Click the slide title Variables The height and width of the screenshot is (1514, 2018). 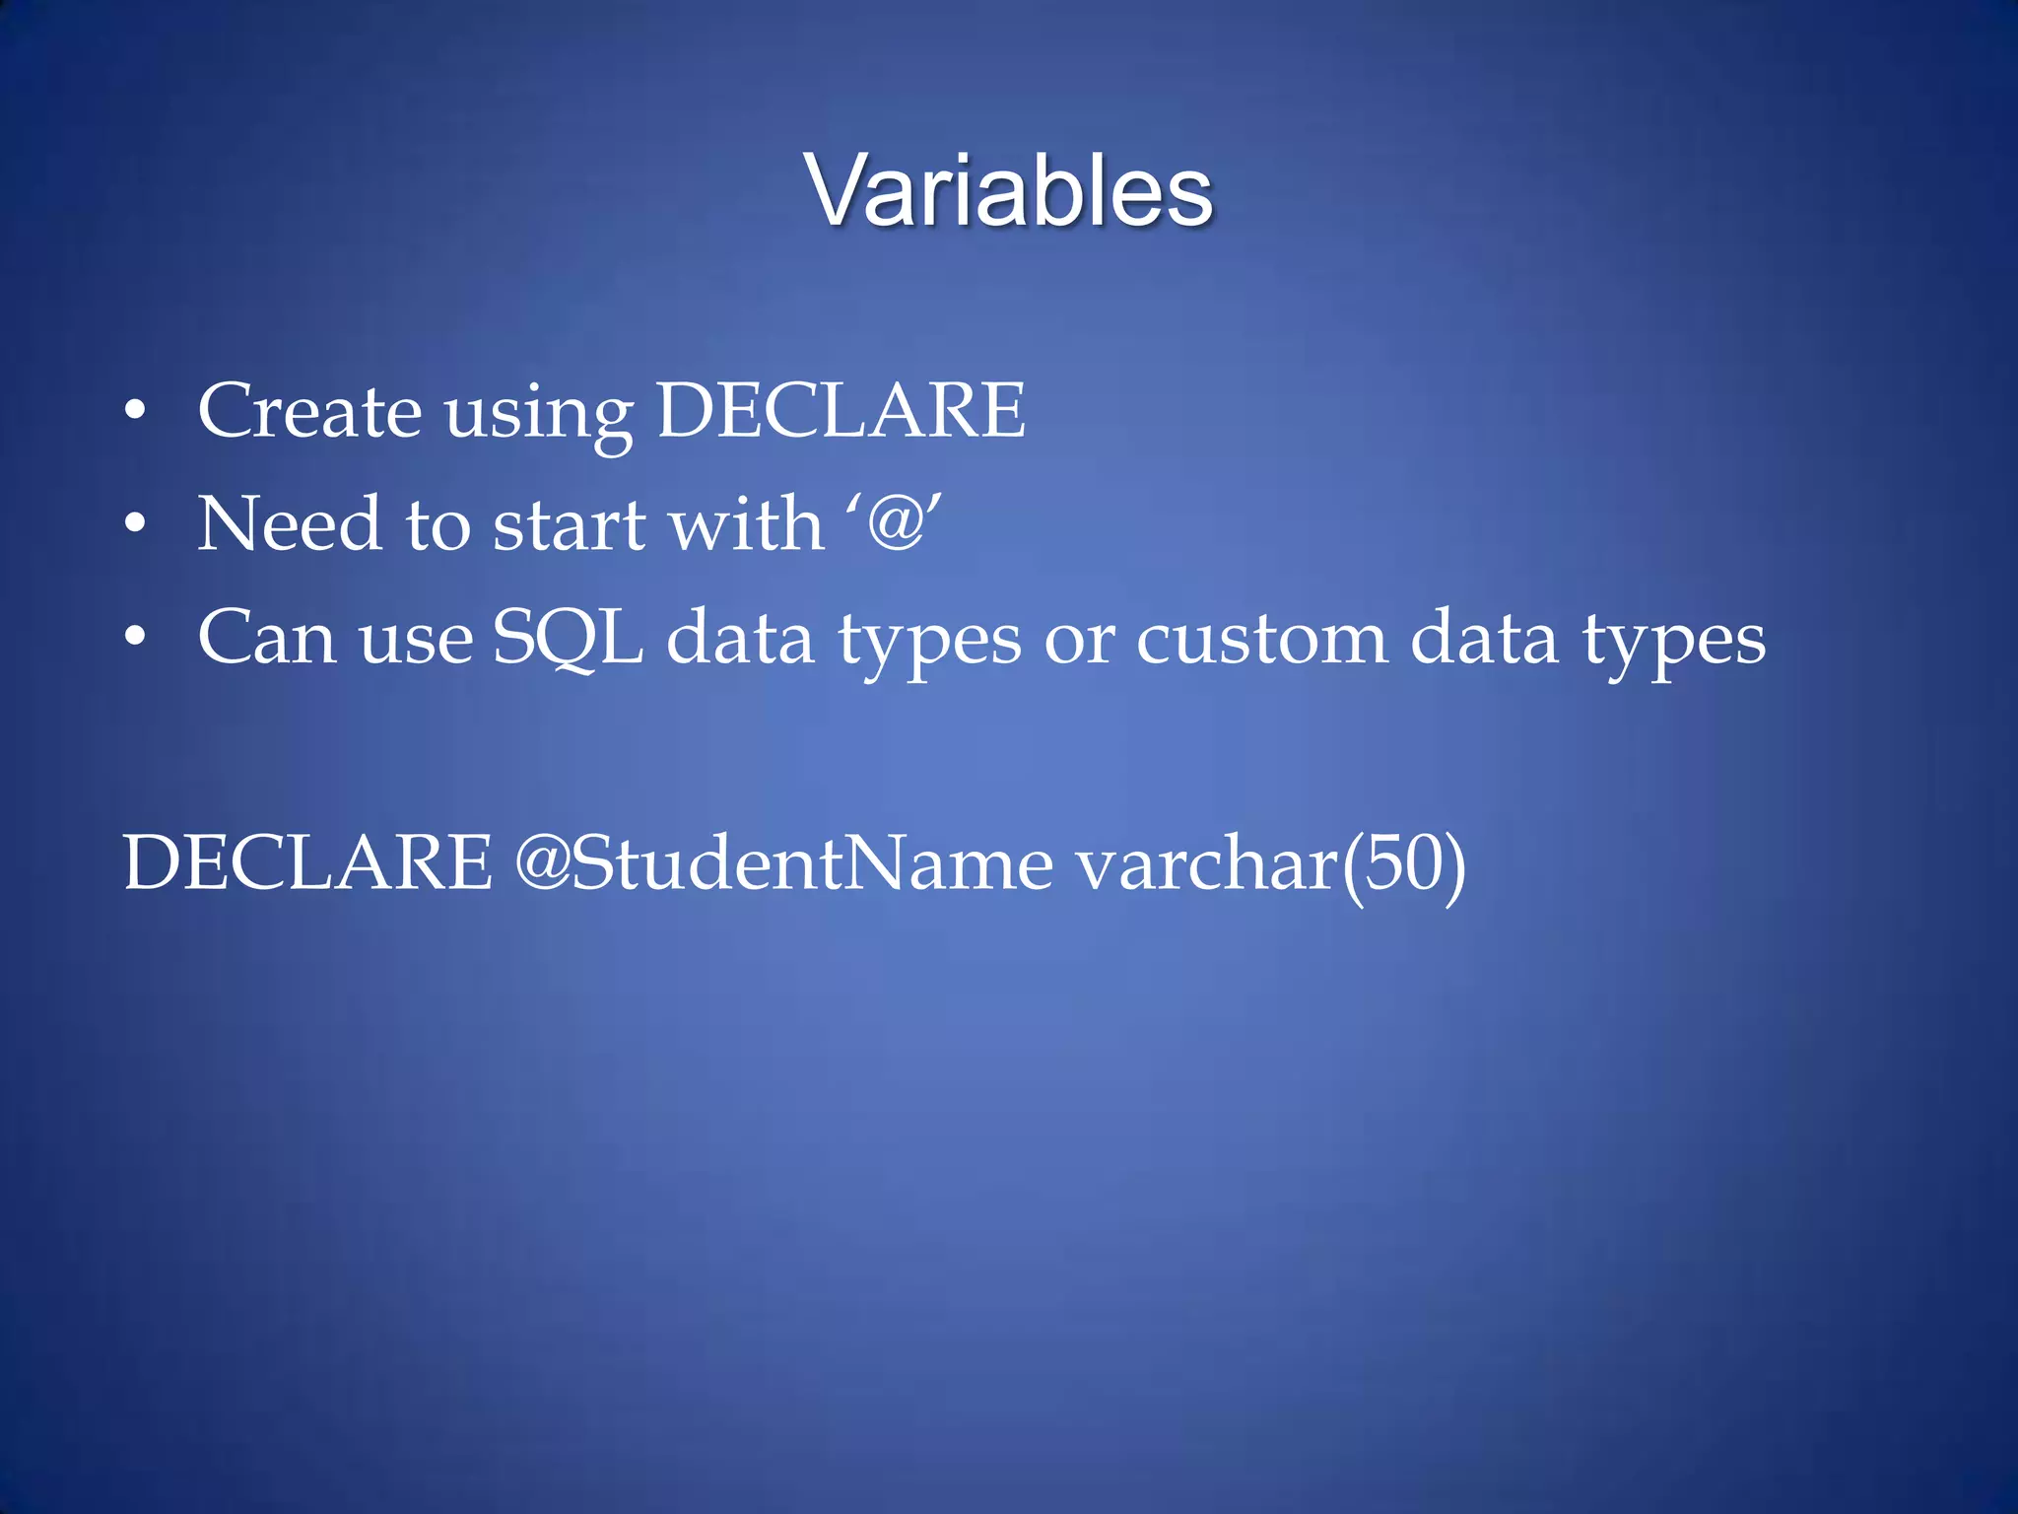1009,191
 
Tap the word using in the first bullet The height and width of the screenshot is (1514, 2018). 540,414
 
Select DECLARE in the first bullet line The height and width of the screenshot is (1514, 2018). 841,410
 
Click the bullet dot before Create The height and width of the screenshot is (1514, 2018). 135,410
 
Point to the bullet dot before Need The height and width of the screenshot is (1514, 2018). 135,524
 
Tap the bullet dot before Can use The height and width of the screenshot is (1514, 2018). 135,638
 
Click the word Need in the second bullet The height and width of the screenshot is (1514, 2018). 289,524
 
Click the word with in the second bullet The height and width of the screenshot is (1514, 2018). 745,524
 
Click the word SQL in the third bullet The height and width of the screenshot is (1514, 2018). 568,639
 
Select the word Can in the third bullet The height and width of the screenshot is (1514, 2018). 267,639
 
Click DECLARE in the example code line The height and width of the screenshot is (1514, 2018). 307,863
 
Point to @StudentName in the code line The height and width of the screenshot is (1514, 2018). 783,863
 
